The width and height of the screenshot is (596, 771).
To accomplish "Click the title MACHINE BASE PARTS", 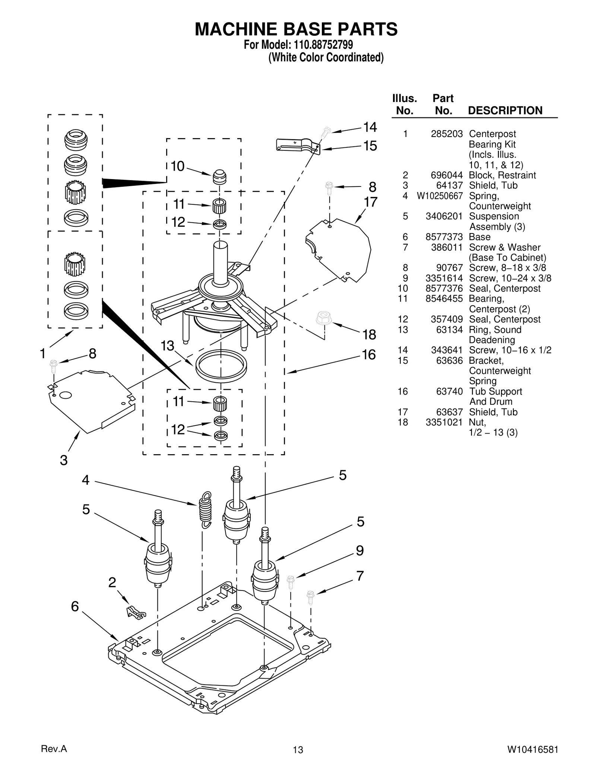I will click(296, 29).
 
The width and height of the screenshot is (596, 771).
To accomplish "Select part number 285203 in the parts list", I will click(447, 134).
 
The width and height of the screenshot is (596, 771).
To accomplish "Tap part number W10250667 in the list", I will click(440, 196).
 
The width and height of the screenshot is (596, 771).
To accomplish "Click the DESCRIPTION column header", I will click(505, 111).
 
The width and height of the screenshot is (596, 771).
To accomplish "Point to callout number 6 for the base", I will click(75, 606).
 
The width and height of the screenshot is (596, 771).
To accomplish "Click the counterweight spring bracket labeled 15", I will click(297, 145).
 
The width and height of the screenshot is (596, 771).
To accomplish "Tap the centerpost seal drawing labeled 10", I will click(220, 176).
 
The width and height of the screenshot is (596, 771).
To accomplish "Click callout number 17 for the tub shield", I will click(370, 202).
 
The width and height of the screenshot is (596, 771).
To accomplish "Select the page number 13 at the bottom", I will click(298, 750).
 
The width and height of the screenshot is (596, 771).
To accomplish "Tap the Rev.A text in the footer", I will click(54, 749).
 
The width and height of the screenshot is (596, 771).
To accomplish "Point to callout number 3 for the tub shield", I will click(64, 460).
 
